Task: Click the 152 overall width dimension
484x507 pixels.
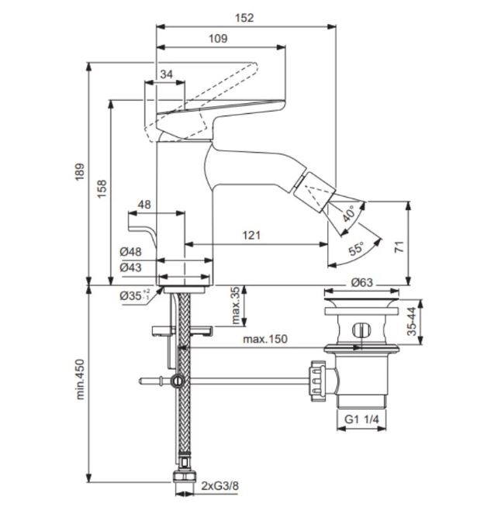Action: pos(244,18)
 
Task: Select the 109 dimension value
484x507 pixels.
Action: pos(218,39)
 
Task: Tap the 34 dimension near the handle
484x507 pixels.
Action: pos(167,74)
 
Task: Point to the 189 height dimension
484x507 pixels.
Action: pos(80,171)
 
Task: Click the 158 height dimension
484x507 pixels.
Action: pos(102,189)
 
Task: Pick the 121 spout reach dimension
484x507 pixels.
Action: pos(252,235)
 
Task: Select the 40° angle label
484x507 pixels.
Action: pos(349,213)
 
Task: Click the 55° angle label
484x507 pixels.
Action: pos(356,248)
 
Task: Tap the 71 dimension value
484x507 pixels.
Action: pos(399,247)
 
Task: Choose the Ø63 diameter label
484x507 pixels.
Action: pos(361,283)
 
